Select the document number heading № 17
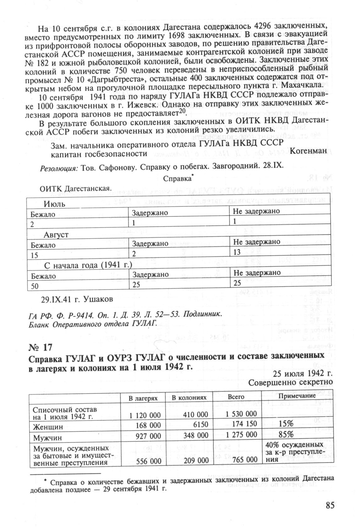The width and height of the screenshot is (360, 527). (40, 347)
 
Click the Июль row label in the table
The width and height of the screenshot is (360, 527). (54, 204)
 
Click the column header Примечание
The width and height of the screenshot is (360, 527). (297, 396)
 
